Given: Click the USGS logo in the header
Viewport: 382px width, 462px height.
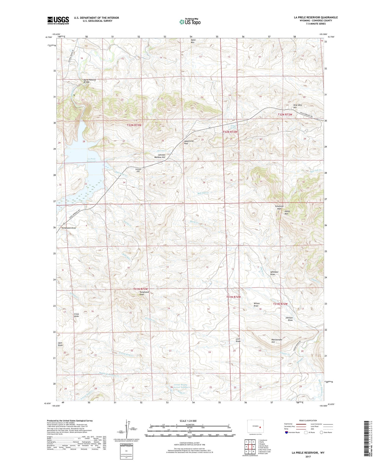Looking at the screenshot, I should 58,20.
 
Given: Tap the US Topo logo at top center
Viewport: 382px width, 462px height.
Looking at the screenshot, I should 190,22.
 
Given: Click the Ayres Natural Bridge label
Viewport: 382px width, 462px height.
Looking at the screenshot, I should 90,81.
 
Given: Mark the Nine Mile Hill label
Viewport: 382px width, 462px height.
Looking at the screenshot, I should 297,106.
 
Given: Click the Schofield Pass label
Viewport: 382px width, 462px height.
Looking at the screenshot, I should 279,207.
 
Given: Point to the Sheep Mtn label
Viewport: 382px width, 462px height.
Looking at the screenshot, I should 287,212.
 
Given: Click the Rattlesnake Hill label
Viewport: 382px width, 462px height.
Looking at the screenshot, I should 277,341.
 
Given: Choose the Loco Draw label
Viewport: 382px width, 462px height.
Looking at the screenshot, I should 238,340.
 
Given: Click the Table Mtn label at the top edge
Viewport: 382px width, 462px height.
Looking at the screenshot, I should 193,41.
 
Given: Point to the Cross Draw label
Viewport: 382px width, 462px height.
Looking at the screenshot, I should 76,315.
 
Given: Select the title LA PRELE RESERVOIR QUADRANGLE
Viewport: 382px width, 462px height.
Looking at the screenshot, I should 316,17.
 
